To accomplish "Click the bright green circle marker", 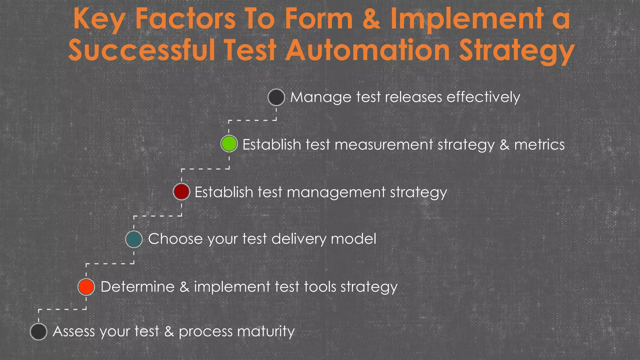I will click(x=229, y=144).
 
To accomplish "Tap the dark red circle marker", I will click(x=182, y=192).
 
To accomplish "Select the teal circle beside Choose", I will click(x=134, y=239).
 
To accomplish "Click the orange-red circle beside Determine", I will click(x=86, y=287).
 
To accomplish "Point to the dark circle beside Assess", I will click(x=39, y=332).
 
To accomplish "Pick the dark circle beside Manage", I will click(x=276, y=97).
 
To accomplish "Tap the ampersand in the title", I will click(x=371, y=19).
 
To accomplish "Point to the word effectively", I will click(x=483, y=97).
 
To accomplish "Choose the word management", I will click(x=336, y=192).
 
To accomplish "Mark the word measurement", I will click(x=384, y=145).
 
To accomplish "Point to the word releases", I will click(x=413, y=97).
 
